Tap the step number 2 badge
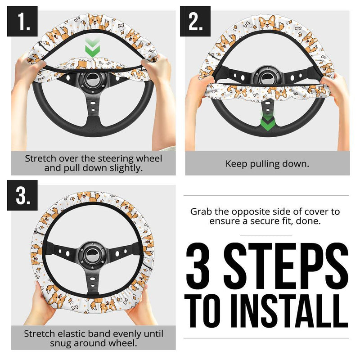[x=195, y=21]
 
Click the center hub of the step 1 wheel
[x=93, y=81]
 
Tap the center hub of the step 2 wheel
[x=267, y=76]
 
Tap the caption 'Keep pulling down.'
[x=267, y=164]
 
